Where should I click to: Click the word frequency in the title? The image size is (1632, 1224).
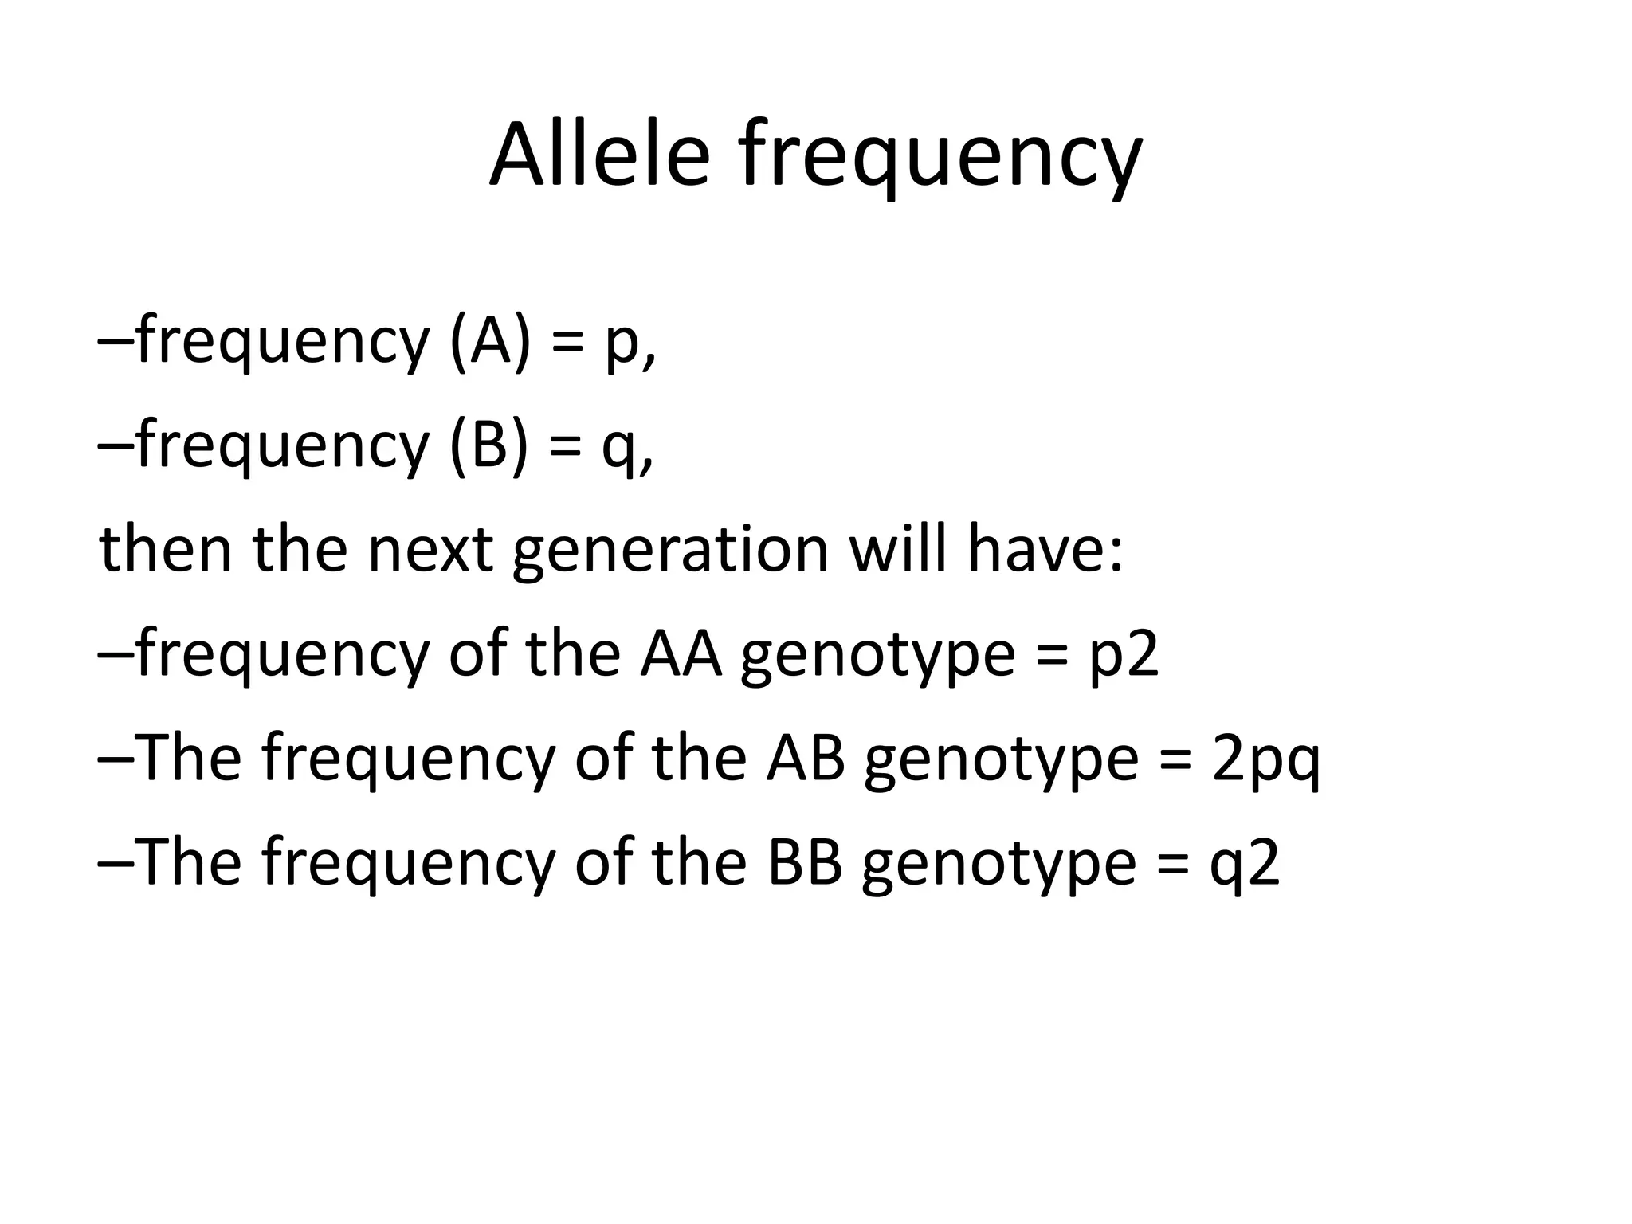pyautogui.click(x=940, y=159)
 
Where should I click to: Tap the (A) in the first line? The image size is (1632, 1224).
pyautogui.click(x=489, y=341)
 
